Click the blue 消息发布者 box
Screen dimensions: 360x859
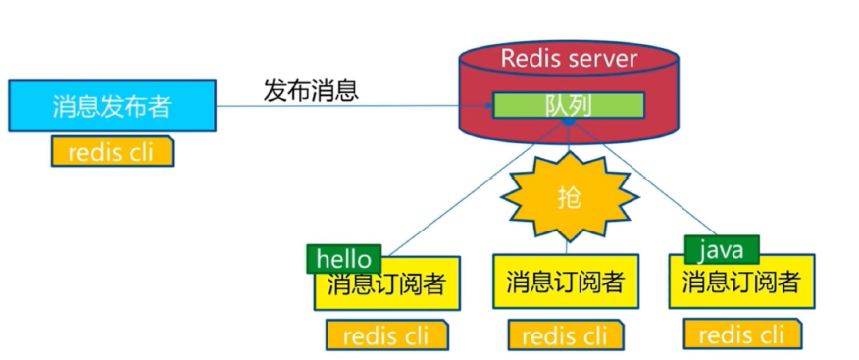(112, 106)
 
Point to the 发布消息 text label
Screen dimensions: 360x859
(311, 90)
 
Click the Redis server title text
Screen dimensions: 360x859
(569, 58)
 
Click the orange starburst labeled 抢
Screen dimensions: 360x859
(569, 197)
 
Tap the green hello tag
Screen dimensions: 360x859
(343, 259)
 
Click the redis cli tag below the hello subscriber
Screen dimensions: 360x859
(388, 335)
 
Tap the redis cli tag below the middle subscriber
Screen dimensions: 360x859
(568, 335)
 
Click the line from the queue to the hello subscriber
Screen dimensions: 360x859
(471, 186)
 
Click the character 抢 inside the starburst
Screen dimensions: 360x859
(569, 197)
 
